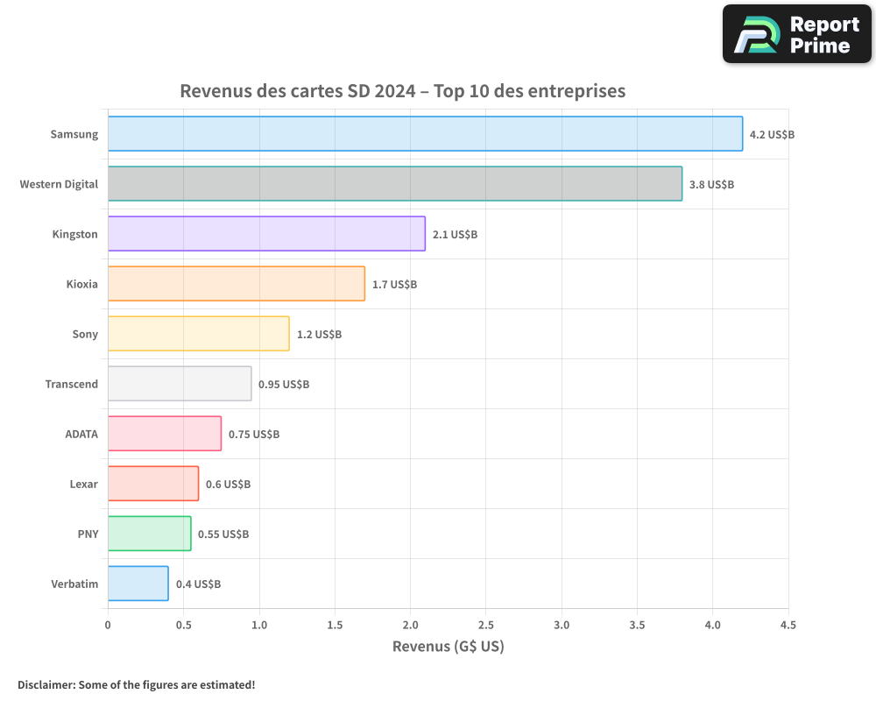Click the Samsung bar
click(425, 134)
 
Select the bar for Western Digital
click(394, 184)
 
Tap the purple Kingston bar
click(266, 234)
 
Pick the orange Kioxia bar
click(236, 284)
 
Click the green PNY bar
click(149, 534)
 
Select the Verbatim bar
click(138, 584)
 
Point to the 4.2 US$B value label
click(772, 135)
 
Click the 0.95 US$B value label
click(284, 385)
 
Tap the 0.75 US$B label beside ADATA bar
click(254, 435)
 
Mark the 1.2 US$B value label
click(319, 335)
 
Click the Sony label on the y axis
click(85, 334)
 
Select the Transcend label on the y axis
click(72, 384)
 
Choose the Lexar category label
click(83, 484)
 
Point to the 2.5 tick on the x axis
click(486, 625)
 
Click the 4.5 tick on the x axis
click(788, 625)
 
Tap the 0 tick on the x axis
click(108, 625)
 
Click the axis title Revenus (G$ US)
click(448, 647)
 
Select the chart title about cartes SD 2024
click(402, 91)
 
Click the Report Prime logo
click(797, 34)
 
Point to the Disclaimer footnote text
click(136, 684)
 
